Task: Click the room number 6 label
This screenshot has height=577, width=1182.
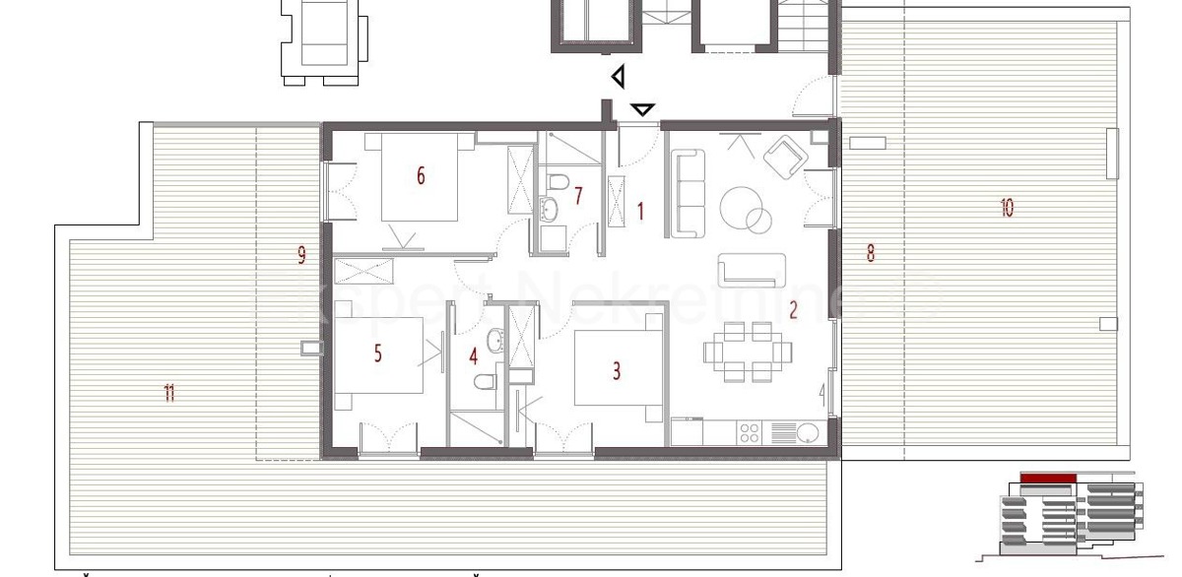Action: (x=421, y=176)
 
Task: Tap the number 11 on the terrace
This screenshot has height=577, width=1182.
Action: (x=169, y=394)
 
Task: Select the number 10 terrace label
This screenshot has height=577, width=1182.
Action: (x=1007, y=208)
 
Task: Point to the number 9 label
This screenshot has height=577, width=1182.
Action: (x=301, y=256)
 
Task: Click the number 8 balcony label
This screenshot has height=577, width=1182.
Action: (x=870, y=253)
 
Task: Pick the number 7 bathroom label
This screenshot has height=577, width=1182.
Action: (x=578, y=196)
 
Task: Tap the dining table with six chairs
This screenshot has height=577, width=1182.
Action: (x=745, y=352)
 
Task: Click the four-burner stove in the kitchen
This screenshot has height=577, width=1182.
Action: (x=750, y=432)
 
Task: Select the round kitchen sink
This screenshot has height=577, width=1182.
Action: (x=809, y=432)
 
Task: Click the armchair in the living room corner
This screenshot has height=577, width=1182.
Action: (x=785, y=158)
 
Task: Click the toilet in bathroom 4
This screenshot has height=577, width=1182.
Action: (x=485, y=382)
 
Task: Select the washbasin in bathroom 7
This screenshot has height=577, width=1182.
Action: (x=548, y=209)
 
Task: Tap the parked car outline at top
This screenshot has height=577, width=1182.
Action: (x=324, y=37)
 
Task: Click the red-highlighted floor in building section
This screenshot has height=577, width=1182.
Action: (x=1047, y=479)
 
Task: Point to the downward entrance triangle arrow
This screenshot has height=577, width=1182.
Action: (x=643, y=109)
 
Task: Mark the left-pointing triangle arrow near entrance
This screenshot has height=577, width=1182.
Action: (x=618, y=76)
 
